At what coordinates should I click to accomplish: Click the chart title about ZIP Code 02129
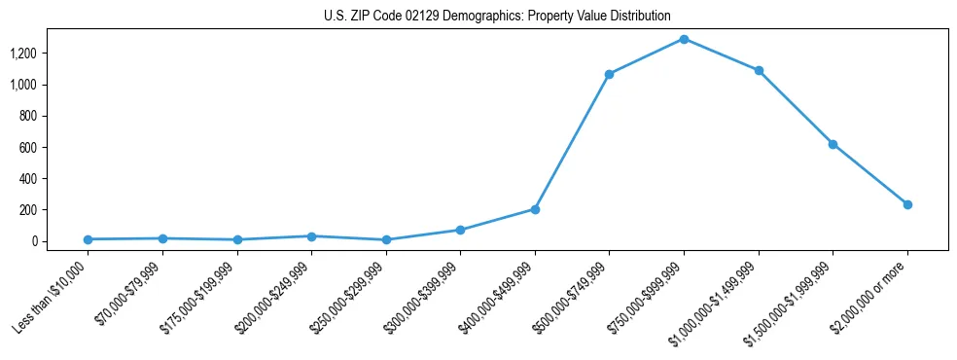(497, 17)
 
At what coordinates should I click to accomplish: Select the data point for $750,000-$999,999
(684, 39)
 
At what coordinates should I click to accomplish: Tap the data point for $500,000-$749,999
(609, 74)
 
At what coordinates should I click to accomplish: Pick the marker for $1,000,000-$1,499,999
(759, 71)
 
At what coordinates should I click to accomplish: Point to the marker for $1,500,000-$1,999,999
(833, 144)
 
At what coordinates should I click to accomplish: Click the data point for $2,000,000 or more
(907, 204)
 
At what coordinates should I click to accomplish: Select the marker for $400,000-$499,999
(535, 209)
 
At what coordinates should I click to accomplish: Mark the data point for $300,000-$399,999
(460, 230)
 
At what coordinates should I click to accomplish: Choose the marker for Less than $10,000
(88, 239)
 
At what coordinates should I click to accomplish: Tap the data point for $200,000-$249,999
(311, 236)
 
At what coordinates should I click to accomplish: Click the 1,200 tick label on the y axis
(23, 54)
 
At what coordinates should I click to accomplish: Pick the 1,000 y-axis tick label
(23, 85)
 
